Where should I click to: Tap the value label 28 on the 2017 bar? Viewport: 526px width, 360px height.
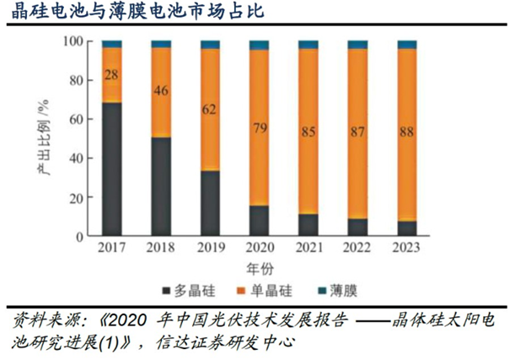[111, 75]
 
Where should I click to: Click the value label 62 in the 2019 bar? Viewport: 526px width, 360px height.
[210, 109]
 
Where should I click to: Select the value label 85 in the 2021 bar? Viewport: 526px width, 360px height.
[309, 132]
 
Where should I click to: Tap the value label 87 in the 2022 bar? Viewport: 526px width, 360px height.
[357, 132]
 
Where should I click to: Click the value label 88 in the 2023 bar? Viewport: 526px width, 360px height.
[407, 132]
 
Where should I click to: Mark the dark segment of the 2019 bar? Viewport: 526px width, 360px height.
[210, 203]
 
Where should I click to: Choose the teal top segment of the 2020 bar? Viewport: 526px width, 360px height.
[259, 45]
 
